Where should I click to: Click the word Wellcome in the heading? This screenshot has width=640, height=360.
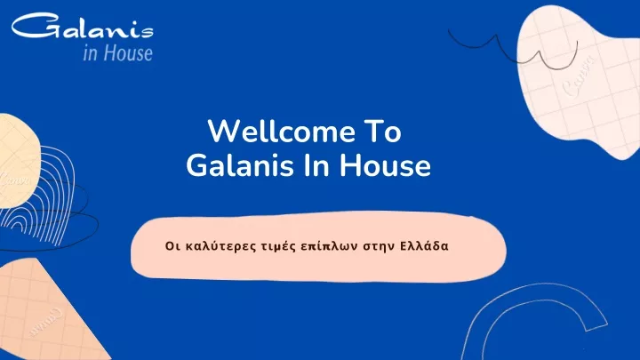tap(282, 132)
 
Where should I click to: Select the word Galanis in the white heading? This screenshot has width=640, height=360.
tap(240, 165)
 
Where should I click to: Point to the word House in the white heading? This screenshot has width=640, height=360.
tap(385, 165)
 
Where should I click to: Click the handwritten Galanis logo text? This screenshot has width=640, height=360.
tap(83, 26)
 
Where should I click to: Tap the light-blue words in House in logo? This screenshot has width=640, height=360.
tap(117, 53)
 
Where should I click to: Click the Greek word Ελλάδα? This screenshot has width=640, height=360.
tap(424, 246)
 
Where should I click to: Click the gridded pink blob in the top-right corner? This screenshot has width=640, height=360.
tap(580, 82)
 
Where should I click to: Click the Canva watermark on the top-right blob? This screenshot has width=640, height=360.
tap(579, 77)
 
